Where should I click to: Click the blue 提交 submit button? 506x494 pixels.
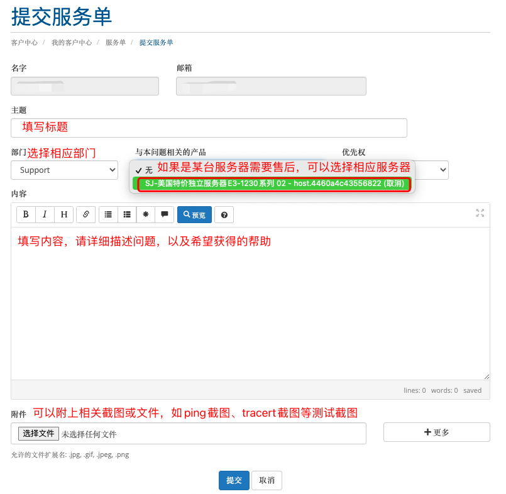click(234, 480)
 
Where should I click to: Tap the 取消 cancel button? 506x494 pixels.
click(267, 480)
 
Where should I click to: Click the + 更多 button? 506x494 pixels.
click(437, 432)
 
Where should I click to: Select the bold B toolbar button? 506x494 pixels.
click(26, 214)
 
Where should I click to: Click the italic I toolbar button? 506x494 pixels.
click(45, 214)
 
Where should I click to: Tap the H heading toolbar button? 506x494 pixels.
click(64, 214)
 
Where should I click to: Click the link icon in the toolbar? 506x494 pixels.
click(86, 214)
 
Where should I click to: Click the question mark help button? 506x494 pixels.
click(224, 215)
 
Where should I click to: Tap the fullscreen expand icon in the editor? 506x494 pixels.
click(480, 212)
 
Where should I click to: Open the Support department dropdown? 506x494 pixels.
click(65, 170)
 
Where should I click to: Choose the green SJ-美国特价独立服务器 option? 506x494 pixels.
click(274, 184)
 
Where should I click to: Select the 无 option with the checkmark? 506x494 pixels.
click(144, 170)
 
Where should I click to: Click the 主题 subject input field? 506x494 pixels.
click(209, 128)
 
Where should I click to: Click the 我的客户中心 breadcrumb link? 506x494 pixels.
click(72, 43)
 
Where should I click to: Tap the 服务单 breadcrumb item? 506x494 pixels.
click(116, 43)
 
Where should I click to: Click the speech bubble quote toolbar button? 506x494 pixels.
click(165, 214)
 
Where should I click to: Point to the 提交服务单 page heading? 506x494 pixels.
click(62, 16)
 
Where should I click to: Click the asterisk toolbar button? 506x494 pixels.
click(146, 214)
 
